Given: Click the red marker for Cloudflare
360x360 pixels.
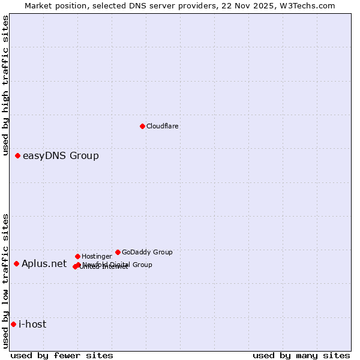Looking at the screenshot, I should point(142,126).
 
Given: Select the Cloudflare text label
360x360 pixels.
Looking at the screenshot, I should point(162,127).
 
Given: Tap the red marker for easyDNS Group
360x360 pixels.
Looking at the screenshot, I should point(17,156).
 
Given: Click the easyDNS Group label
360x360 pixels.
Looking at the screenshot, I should point(61,156).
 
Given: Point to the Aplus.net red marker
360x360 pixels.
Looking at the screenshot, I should point(16,264).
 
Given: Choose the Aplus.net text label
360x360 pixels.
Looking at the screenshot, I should point(44,264).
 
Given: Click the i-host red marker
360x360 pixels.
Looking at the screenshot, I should point(13,325).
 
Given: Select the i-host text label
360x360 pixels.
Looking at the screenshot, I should point(32,325).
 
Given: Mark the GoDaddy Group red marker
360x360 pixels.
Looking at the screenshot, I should point(118,253).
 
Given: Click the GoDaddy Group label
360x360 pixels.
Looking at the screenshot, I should point(147,253).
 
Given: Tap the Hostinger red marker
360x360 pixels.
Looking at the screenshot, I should point(77,257).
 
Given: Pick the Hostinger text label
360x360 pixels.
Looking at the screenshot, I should point(97,257).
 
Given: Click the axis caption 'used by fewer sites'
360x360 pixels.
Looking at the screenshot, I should point(62,356).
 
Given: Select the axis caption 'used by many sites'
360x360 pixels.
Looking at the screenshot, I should point(301,356).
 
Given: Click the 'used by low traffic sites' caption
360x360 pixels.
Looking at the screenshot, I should point(6,280).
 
